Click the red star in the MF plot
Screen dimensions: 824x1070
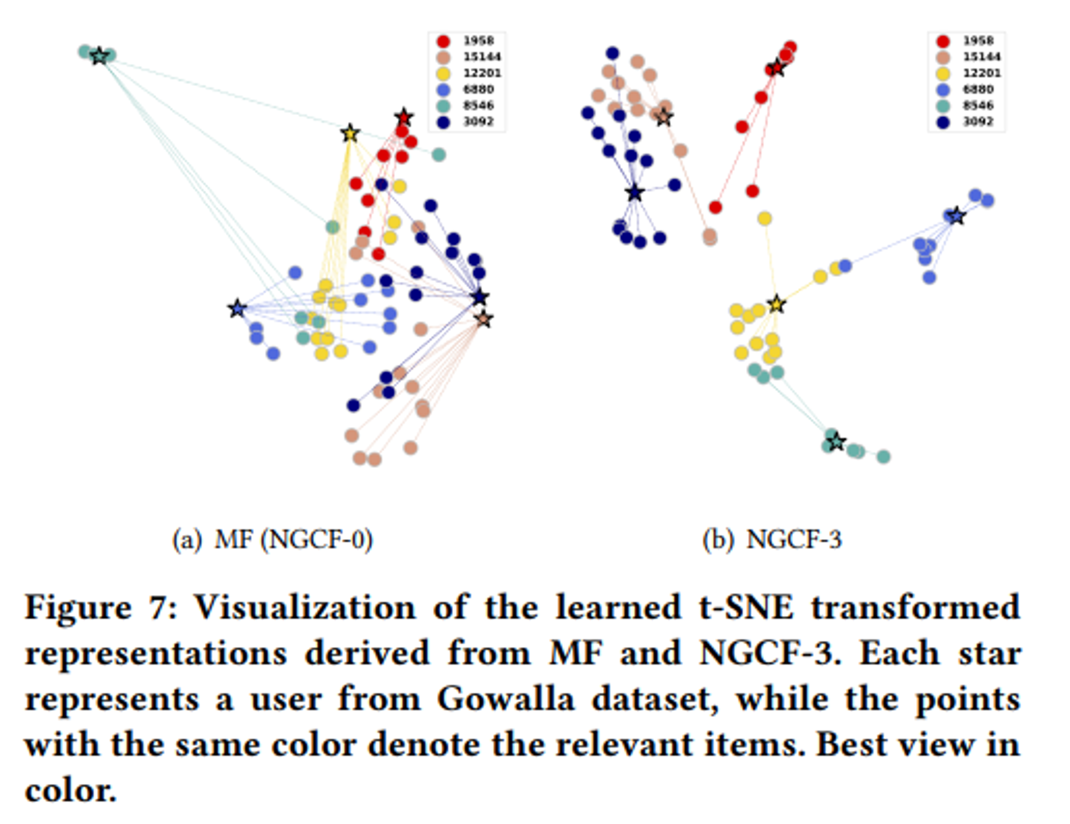click(x=404, y=117)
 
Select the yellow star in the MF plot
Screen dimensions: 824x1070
click(x=350, y=133)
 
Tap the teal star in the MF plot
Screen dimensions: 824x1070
click(x=99, y=56)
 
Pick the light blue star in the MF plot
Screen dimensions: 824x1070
click(x=237, y=308)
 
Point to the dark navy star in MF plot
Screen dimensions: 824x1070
click(x=480, y=297)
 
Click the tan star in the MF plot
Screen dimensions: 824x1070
click(x=484, y=319)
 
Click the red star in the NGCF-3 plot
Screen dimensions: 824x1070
click(x=776, y=68)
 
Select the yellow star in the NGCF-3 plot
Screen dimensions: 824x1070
click(x=776, y=305)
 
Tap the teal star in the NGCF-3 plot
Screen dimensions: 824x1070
click(x=836, y=442)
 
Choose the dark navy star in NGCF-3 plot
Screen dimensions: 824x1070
click(x=635, y=192)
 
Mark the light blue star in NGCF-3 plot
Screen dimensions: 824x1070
click(x=957, y=216)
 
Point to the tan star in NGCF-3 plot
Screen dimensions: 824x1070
click(x=663, y=117)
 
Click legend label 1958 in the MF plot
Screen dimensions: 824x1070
click(x=478, y=41)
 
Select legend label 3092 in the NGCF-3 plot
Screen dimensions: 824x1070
click(x=978, y=122)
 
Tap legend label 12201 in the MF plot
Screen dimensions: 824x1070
click(x=481, y=73)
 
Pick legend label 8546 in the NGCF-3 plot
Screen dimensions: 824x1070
click(x=978, y=105)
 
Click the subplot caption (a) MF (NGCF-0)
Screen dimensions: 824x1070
click(x=272, y=539)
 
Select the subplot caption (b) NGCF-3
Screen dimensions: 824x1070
click(x=772, y=539)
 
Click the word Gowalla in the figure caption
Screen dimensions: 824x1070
click(x=506, y=699)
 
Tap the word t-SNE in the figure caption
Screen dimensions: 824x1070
click(x=746, y=608)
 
